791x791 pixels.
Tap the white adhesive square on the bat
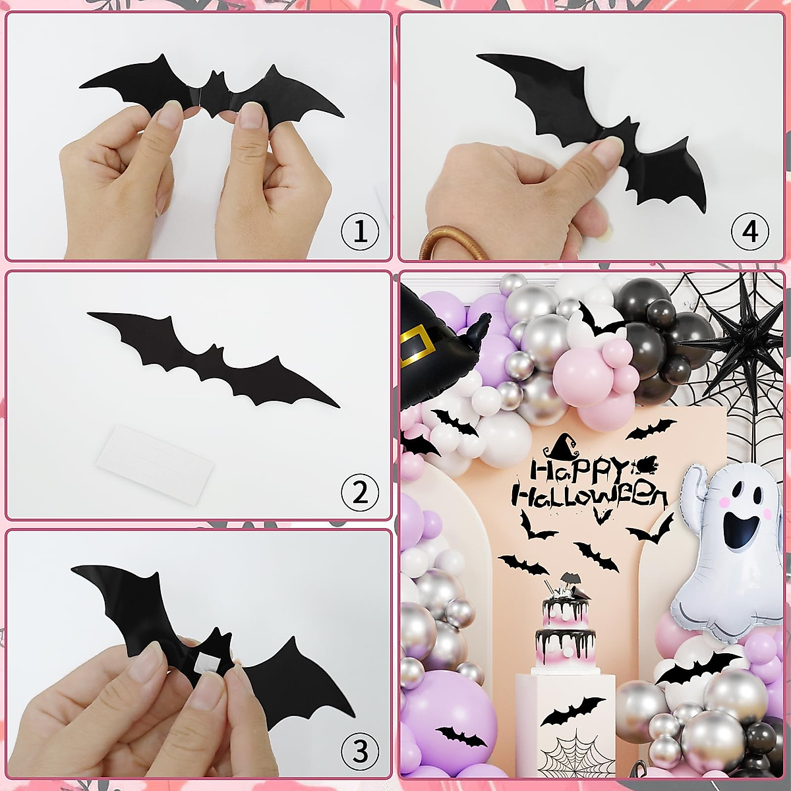[209, 660]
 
